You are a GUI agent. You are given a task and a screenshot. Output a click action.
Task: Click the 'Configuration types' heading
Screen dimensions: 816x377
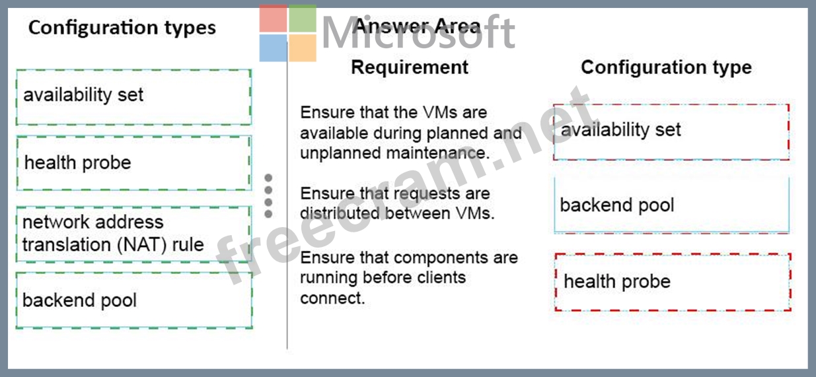tap(122, 28)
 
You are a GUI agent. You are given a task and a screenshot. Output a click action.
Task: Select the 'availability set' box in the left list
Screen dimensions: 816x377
tap(133, 97)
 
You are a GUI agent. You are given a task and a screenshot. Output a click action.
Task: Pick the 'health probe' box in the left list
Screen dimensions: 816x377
tap(133, 163)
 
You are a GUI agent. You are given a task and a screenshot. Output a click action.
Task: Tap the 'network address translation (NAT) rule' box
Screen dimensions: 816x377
tap(133, 234)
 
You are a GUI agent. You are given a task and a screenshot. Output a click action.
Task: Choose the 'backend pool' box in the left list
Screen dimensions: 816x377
tap(134, 300)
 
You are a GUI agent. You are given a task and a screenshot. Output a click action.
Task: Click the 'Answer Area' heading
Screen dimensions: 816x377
tap(416, 26)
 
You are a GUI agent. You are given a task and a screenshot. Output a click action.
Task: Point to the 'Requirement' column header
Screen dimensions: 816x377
tap(410, 67)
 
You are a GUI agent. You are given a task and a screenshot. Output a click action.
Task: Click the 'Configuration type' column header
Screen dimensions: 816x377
tap(666, 67)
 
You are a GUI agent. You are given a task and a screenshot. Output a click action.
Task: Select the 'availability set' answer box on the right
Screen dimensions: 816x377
tap(671, 132)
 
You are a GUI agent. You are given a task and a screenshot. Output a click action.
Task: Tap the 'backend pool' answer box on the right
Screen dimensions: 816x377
tap(672, 205)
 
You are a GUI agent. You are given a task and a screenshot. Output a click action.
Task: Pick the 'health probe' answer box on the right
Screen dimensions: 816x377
tap(673, 283)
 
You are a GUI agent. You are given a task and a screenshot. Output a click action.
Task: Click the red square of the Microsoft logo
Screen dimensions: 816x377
tap(274, 18)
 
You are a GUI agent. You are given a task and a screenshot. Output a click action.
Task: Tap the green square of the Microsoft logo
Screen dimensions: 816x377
tap(303, 18)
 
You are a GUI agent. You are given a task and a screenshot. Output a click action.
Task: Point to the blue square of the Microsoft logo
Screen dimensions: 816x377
tap(274, 48)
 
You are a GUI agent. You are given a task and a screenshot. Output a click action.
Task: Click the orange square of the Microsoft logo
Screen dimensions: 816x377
tap(303, 48)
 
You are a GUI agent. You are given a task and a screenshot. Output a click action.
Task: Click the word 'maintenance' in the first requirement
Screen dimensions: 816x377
tap(438, 153)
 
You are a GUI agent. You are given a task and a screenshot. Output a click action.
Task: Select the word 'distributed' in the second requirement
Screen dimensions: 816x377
tap(340, 213)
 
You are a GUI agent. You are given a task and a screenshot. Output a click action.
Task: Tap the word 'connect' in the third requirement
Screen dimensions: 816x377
tap(332, 298)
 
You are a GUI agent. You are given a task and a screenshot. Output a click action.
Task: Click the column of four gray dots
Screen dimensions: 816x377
tap(268, 196)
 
